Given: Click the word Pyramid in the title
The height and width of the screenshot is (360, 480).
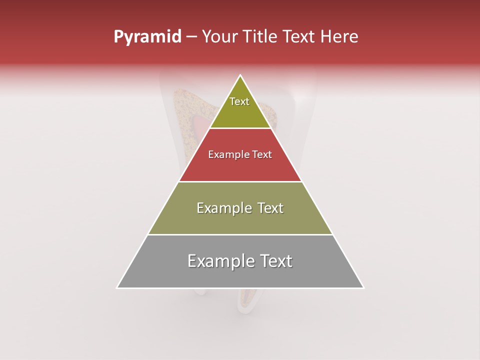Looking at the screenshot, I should pos(147,37).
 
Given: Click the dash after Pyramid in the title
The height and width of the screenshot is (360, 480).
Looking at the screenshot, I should pos(191,37).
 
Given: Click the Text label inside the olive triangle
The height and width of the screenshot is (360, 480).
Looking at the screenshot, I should pos(239,101).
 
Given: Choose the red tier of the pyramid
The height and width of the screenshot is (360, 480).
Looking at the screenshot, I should pos(240,167).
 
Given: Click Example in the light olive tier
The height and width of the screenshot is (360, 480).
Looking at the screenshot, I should pos(223,208).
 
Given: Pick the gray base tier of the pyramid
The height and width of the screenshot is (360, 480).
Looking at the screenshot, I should pos(240,275).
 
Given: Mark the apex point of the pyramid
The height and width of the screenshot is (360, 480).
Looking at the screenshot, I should pos(240,75).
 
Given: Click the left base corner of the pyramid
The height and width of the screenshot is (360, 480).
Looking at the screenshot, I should pos(117,287).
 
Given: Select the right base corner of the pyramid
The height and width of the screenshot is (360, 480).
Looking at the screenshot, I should pos(363,287).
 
